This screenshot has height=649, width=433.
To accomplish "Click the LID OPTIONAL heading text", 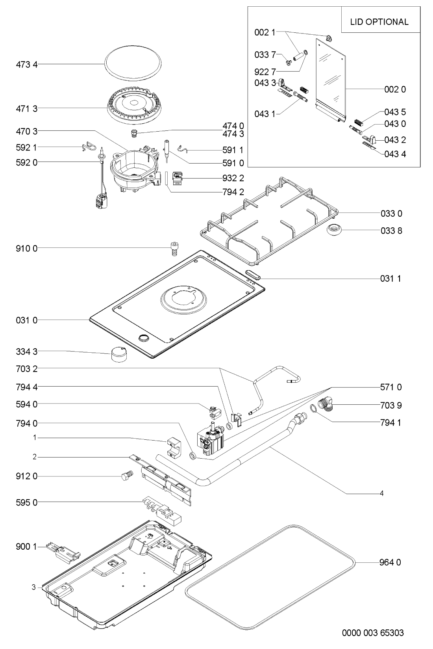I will pyautogui.click(x=379, y=22).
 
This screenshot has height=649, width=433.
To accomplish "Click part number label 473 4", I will pyautogui.click(x=27, y=64).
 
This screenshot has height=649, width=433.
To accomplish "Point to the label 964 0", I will pyautogui.click(x=390, y=562).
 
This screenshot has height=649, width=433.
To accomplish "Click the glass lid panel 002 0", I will pyautogui.click(x=331, y=79).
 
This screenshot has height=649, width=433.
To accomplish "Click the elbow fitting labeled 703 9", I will pyautogui.click(x=327, y=405).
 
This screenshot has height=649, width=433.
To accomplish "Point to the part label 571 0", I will pyautogui.click(x=391, y=387).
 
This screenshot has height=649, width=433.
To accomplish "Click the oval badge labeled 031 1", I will pyautogui.click(x=252, y=275).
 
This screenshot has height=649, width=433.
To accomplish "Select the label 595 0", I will pyautogui.click(x=27, y=502).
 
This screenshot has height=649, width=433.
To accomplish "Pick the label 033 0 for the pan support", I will pyautogui.click(x=391, y=214).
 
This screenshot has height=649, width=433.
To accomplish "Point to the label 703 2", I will pyautogui.click(x=27, y=369).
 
